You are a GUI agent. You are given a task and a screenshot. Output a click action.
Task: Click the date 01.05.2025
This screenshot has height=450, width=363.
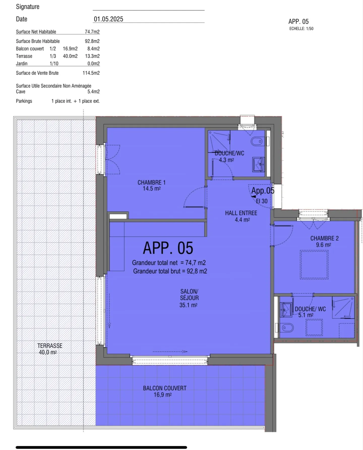click(x=108, y=19)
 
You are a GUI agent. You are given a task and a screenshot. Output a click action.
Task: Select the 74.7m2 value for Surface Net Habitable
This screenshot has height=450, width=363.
click(x=92, y=32)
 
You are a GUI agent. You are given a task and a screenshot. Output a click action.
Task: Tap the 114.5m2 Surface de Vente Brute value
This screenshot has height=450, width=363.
click(x=91, y=73)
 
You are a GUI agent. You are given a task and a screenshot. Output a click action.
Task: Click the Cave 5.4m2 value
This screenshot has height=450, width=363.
click(x=93, y=92)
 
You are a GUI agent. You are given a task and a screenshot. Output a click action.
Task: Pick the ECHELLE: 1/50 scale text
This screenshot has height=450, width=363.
click(x=301, y=29)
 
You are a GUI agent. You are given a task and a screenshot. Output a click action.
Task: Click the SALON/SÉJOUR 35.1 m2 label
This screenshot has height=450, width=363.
click(x=189, y=298)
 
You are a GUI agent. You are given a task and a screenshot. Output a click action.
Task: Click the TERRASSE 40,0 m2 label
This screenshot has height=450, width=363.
click(x=50, y=349)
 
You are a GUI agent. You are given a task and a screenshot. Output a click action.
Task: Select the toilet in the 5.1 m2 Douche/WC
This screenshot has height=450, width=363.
click(x=287, y=328)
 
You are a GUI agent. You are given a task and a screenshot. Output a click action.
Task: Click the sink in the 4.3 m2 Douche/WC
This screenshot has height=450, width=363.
click(x=258, y=165)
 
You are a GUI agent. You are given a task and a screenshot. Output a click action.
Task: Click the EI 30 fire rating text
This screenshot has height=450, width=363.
click(x=262, y=201)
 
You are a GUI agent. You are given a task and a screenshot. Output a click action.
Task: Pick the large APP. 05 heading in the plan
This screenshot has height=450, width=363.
click(x=168, y=248)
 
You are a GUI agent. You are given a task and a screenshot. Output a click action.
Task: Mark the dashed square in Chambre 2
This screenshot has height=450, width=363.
click(x=314, y=265)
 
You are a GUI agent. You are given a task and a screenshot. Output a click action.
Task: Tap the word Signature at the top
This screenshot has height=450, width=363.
click(x=28, y=7)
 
